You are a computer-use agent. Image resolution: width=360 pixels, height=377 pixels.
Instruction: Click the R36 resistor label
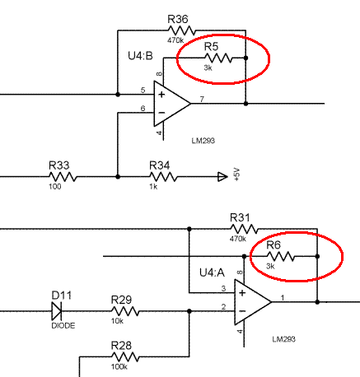[x=178, y=19]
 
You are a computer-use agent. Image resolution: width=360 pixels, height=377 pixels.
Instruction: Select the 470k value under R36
[x=175, y=40]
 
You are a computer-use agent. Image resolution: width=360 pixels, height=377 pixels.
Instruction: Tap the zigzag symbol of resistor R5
[x=218, y=58]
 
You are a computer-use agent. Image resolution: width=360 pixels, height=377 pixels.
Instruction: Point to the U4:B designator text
[x=140, y=56]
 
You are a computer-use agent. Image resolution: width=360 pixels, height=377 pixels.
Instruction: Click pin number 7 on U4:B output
[x=202, y=99]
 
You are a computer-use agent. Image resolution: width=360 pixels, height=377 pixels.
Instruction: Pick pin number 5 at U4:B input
[x=143, y=90]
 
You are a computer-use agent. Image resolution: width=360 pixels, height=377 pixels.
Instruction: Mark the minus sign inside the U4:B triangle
[x=161, y=113]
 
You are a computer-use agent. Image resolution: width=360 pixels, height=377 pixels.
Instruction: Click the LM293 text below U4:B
[x=203, y=141]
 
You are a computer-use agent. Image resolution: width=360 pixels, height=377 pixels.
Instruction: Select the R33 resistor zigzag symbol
[x=63, y=177]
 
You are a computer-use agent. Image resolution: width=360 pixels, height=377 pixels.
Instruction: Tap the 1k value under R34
[x=153, y=187]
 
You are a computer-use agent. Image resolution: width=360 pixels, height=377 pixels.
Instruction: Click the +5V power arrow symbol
[x=222, y=177]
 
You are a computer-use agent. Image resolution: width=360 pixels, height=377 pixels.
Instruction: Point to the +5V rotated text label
[x=237, y=175]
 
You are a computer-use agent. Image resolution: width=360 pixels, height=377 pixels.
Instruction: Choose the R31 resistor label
[x=240, y=217]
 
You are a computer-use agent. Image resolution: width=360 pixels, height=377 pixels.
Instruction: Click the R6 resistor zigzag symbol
[x=281, y=256]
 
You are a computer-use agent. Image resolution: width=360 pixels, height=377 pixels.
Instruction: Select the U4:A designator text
[x=212, y=272]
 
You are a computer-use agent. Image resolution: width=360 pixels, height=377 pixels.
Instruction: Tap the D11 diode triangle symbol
[x=57, y=311]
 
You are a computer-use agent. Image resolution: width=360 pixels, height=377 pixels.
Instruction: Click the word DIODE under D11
[x=63, y=326]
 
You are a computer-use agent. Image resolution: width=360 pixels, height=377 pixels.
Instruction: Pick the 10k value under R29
[x=117, y=321]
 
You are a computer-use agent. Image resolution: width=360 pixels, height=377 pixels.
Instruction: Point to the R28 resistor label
[x=121, y=346]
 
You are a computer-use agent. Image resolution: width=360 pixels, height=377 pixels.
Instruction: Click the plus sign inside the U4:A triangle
[x=242, y=293]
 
